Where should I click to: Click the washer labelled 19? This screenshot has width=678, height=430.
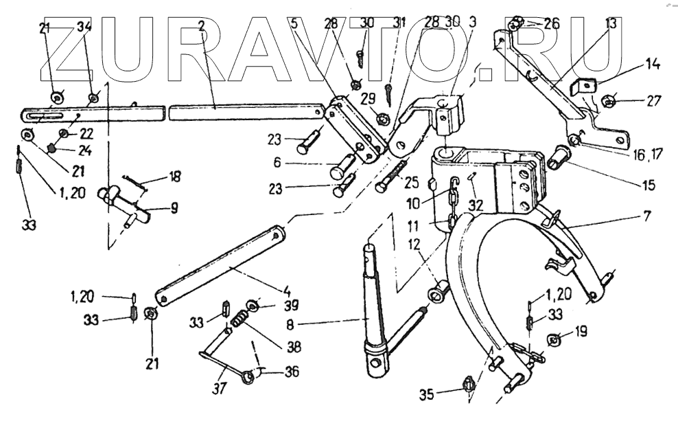pos(555,339)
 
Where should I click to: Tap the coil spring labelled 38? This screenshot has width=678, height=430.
pos(239,319)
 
